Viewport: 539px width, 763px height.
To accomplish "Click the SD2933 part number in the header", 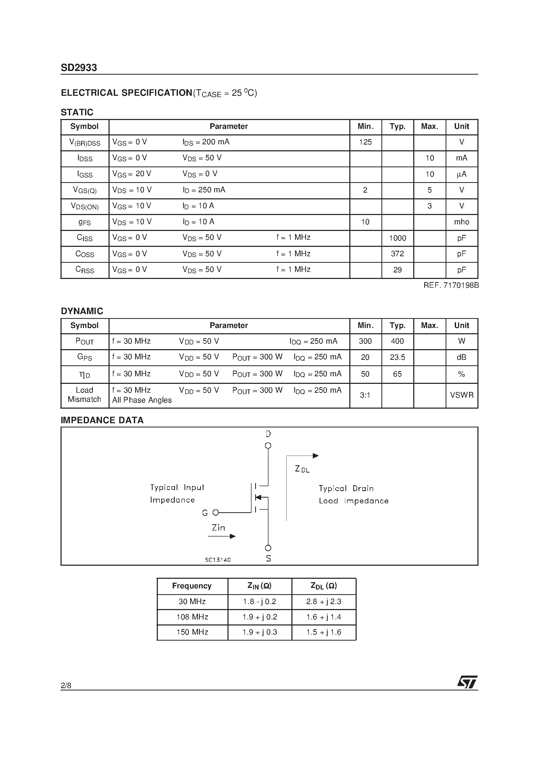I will [79, 68].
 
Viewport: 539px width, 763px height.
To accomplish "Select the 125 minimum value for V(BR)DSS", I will [365, 142].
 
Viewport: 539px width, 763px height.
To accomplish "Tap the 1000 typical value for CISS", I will [397, 238].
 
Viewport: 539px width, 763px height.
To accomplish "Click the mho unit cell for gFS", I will [462, 222].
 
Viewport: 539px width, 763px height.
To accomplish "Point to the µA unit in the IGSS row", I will [462, 174].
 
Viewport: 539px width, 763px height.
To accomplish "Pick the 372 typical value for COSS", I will [397, 254].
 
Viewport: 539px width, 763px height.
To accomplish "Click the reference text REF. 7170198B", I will [451, 285].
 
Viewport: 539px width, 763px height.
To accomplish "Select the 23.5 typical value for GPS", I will [397, 357].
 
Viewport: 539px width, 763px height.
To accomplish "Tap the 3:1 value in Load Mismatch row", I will [365, 395].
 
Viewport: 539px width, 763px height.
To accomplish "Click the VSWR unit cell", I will [462, 395].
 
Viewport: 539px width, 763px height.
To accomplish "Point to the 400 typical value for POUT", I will [397, 341].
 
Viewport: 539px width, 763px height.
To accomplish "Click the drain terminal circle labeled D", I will [268, 446].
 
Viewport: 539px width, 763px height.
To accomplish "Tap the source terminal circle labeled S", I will [268, 548].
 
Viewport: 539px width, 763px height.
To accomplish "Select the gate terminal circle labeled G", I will [216, 513].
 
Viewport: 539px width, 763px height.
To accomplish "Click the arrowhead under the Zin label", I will [233, 536].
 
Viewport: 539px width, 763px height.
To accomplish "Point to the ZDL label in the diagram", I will [302, 469].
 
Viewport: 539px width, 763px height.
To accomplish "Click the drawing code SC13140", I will [218, 560].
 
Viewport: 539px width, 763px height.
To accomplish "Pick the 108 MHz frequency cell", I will [192, 617].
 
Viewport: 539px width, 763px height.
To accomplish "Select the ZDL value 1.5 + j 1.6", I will [324, 633].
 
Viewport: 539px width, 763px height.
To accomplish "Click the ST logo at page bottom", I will [467, 682].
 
